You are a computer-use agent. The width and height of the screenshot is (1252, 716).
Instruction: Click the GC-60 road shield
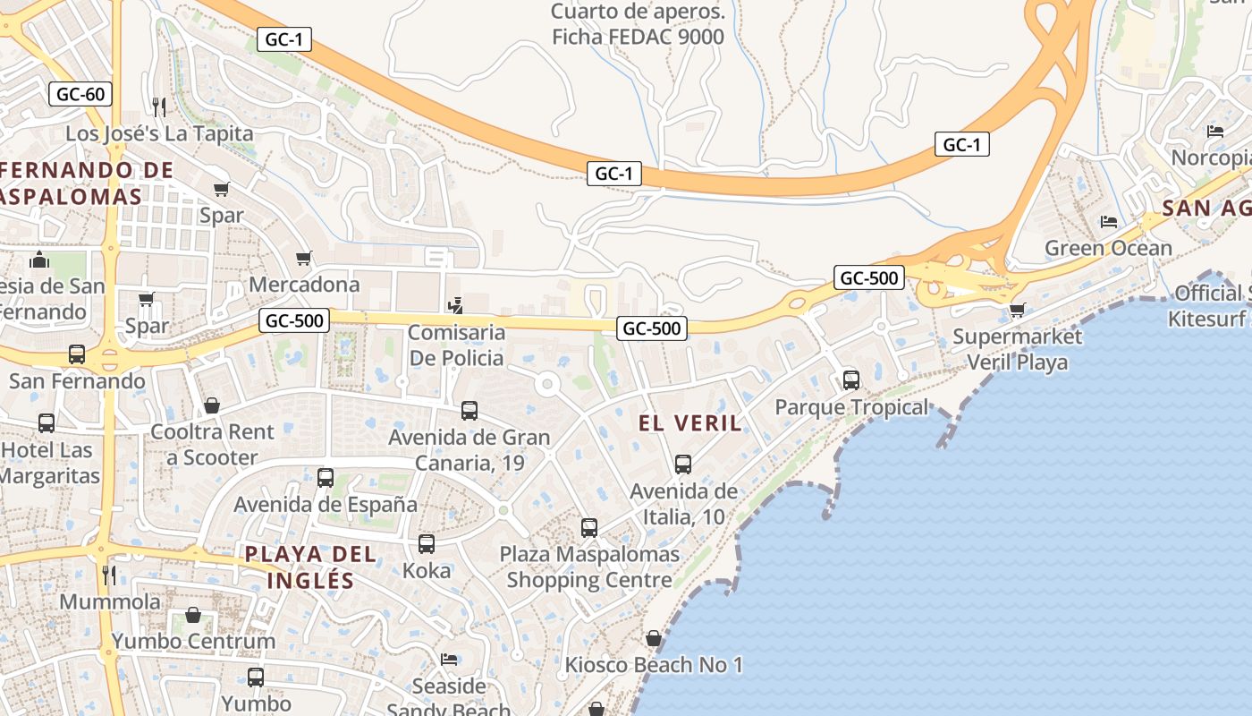click(x=80, y=94)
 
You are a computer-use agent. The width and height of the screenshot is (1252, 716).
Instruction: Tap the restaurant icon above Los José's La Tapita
click(x=159, y=107)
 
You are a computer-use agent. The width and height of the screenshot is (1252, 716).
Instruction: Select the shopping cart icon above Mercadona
click(x=304, y=259)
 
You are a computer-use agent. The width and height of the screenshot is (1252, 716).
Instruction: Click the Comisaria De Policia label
click(x=456, y=345)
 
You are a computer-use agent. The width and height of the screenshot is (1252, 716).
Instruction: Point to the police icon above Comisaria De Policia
click(x=456, y=305)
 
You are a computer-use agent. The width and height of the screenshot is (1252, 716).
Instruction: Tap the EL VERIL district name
click(x=690, y=423)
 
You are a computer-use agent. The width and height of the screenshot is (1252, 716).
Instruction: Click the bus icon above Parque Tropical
click(x=851, y=380)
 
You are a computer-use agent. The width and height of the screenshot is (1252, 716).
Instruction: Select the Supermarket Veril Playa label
click(x=1017, y=349)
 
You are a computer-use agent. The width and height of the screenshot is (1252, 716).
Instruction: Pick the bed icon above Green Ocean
click(x=1109, y=221)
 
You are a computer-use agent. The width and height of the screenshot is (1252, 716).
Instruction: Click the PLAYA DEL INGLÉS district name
click(x=311, y=567)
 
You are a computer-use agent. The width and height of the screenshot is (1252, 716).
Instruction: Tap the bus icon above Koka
click(x=427, y=544)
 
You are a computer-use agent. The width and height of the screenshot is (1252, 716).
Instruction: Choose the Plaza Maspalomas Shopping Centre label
click(x=589, y=567)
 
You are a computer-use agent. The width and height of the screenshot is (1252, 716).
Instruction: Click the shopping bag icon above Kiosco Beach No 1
click(x=654, y=639)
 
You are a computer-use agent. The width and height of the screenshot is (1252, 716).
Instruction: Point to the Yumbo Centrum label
click(x=193, y=641)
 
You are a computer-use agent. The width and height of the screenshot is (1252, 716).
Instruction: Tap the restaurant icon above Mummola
click(x=109, y=575)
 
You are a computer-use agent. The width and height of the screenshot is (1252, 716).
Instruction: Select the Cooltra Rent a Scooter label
click(x=213, y=444)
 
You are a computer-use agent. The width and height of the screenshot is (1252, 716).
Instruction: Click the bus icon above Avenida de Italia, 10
click(x=683, y=465)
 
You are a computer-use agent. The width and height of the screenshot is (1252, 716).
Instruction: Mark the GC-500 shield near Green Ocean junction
click(x=868, y=277)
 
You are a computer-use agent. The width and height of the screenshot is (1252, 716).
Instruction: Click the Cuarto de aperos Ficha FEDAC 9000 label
click(x=638, y=24)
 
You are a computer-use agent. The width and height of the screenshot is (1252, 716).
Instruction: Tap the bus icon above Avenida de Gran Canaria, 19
click(x=469, y=411)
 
